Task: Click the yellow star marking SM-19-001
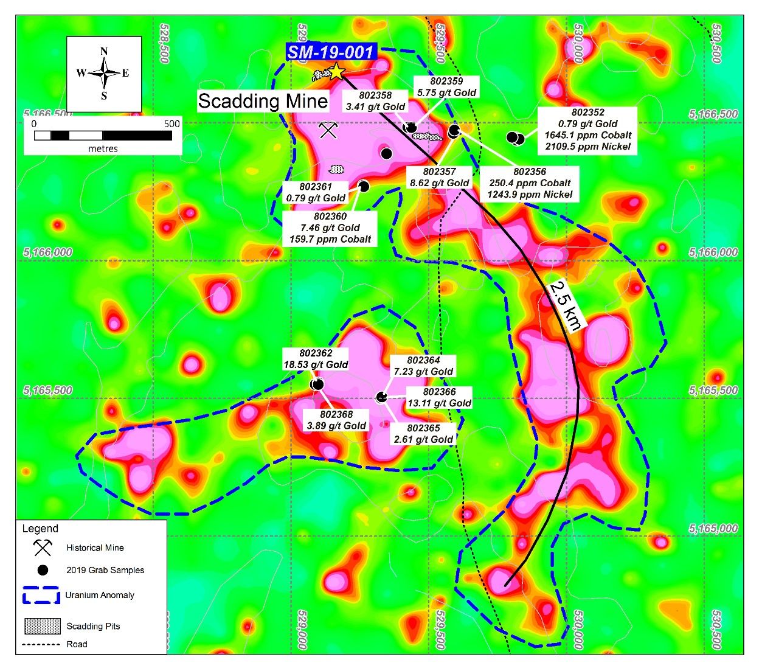[x=336, y=71]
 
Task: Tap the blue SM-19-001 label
[x=330, y=52]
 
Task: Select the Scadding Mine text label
[x=263, y=101]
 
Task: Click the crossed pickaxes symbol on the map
[x=328, y=130]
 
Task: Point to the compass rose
[x=104, y=74]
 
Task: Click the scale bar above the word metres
[x=103, y=136]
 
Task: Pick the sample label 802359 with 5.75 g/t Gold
[x=446, y=87]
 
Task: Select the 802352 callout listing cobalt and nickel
[x=587, y=130]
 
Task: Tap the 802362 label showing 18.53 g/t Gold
[x=316, y=359]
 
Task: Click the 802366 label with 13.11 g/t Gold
[x=439, y=397]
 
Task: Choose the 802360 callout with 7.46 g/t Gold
[x=330, y=228]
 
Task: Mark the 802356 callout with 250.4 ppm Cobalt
[x=529, y=183]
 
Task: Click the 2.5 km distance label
[x=565, y=305]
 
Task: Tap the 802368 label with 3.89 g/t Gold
[x=336, y=420]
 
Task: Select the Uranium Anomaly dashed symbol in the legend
[x=41, y=595]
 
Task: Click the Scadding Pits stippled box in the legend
[x=42, y=626]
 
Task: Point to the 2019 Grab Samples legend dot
[x=43, y=570]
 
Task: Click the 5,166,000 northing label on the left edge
[x=48, y=252]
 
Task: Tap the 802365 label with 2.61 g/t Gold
[x=423, y=433]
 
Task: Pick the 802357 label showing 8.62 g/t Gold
[x=439, y=177]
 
